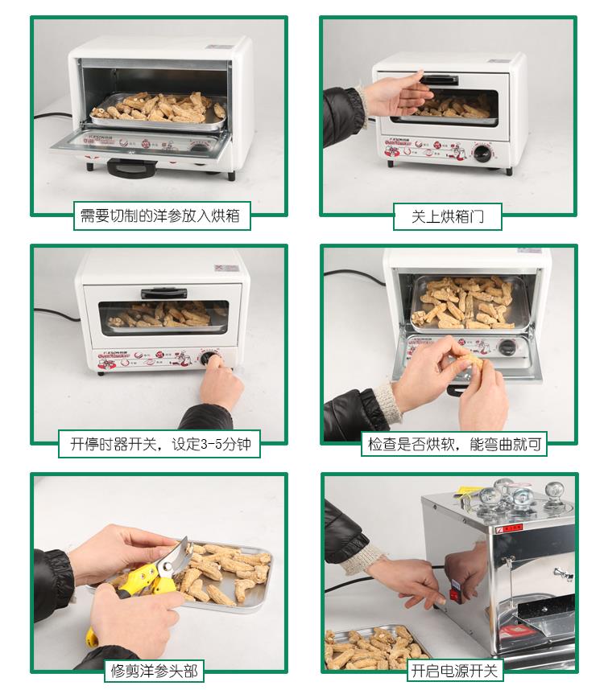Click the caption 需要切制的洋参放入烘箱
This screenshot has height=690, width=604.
(160, 216)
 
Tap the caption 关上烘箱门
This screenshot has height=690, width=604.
(447, 216)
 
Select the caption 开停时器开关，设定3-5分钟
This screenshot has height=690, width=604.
(160, 444)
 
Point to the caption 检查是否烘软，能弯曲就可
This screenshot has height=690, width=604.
(454, 444)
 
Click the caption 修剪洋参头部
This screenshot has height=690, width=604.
(154, 671)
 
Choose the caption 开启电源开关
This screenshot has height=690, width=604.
(454, 671)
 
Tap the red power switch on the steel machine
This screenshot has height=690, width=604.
(453, 593)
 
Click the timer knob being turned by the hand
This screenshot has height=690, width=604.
(208, 358)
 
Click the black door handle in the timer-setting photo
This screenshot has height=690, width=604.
(164, 293)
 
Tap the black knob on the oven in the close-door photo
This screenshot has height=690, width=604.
(482, 152)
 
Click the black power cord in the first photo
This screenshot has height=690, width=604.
(53, 116)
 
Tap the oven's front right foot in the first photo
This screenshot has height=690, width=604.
(231, 176)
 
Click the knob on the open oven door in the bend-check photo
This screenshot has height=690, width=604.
(507, 347)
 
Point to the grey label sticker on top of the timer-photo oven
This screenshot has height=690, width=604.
(226, 268)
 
